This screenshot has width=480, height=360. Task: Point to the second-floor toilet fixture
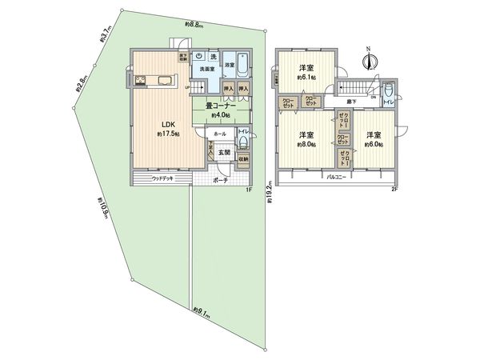388,94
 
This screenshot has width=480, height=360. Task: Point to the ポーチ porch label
222,181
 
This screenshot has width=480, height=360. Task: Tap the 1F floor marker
248,190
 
